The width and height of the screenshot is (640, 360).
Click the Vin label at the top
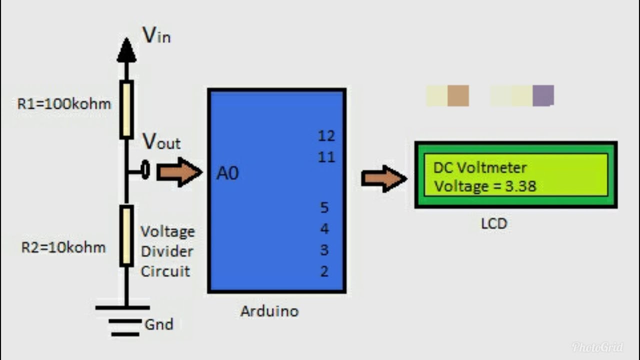pos(156,35)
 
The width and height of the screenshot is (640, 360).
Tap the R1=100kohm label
pos(64,104)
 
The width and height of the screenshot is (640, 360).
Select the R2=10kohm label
pos(63,247)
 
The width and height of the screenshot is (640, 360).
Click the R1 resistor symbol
pos(126,109)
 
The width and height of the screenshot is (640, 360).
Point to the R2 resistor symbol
pos(126,235)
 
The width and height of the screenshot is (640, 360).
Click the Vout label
pos(161,142)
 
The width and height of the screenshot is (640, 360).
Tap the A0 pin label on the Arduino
pos(227,173)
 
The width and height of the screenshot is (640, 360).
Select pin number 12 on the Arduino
pos(326,136)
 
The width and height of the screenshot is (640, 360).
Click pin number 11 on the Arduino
pos(326,157)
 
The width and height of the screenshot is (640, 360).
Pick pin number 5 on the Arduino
pos(324,207)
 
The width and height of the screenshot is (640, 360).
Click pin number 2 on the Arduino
pos(324,271)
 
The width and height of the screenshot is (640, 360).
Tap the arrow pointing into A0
pos(179,172)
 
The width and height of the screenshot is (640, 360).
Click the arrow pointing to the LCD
pos(383,178)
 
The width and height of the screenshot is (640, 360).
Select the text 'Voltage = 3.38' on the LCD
pos(484,186)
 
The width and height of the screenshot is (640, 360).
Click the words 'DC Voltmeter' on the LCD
pos(479,167)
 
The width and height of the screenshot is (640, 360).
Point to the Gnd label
pos(158,324)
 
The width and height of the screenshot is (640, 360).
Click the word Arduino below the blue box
pos(269,311)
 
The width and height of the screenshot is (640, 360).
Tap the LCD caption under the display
pos(494,223)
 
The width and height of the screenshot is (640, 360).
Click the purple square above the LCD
pos(543,95)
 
